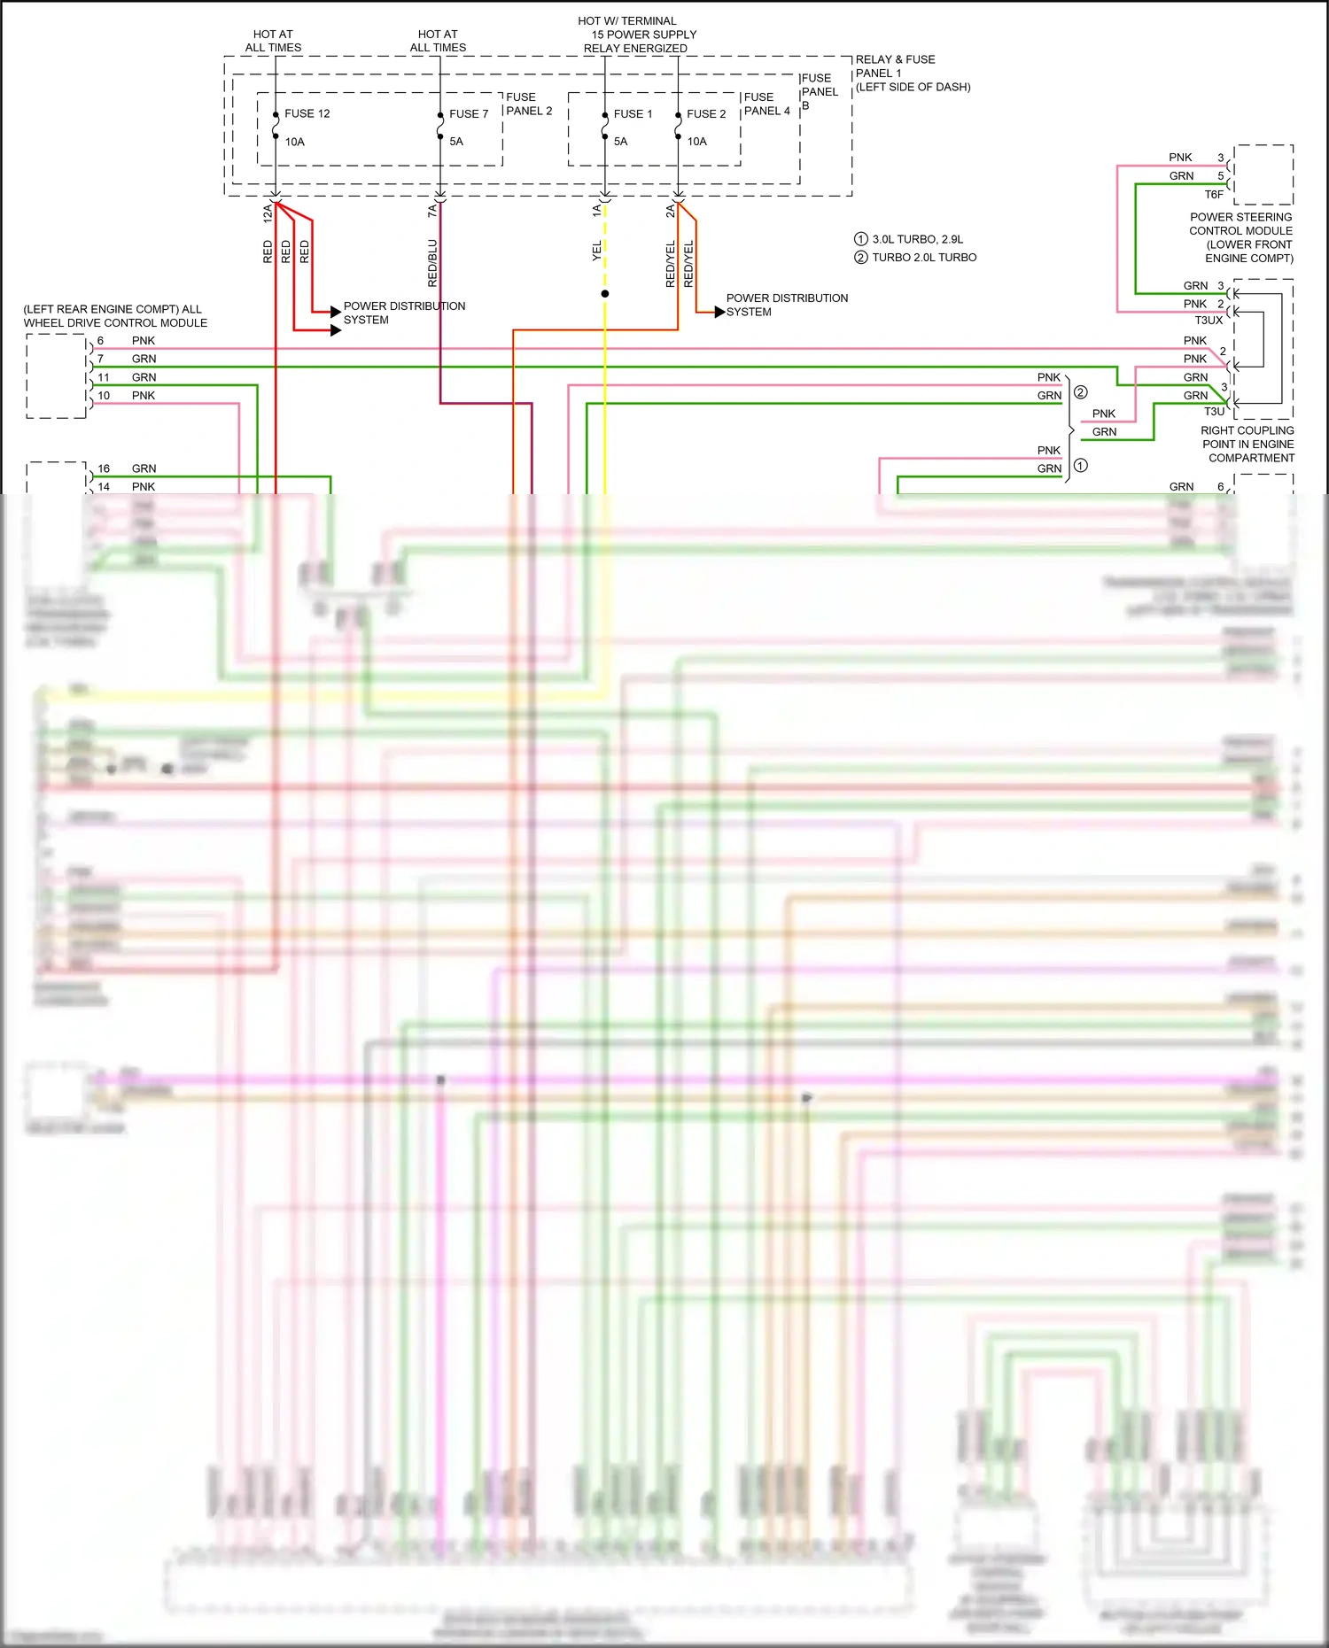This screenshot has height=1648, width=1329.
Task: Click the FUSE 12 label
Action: click(307, 113)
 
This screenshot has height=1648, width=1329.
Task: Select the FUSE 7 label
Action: click(469, 113)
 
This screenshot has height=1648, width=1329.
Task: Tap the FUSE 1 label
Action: click(633, 113)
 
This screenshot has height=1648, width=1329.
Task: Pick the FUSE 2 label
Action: click(706, 113)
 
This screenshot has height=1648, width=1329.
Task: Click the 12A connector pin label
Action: click(268, 212)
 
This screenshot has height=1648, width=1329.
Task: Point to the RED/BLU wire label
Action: click(432, 262)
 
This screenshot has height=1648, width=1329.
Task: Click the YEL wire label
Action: click(596, 250)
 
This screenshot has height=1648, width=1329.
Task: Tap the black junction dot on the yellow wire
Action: click(605, 293)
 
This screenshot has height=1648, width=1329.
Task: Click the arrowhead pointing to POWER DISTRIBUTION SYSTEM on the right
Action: click(719, 312)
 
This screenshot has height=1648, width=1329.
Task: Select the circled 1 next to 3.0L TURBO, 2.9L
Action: click(860, 239)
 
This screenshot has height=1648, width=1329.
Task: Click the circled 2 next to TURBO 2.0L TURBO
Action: click(860, 258)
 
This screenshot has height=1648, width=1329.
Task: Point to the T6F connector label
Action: click(1213, 194)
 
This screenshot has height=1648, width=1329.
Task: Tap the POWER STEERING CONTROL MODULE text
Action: click(1240, 236)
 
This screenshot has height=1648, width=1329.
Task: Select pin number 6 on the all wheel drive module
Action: click(100, 340)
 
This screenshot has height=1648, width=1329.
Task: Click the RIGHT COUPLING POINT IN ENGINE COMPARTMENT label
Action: click(1247, 444)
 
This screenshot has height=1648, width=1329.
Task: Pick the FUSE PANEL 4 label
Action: click(766, 104)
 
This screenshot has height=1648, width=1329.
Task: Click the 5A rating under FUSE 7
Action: click(456, 141)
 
